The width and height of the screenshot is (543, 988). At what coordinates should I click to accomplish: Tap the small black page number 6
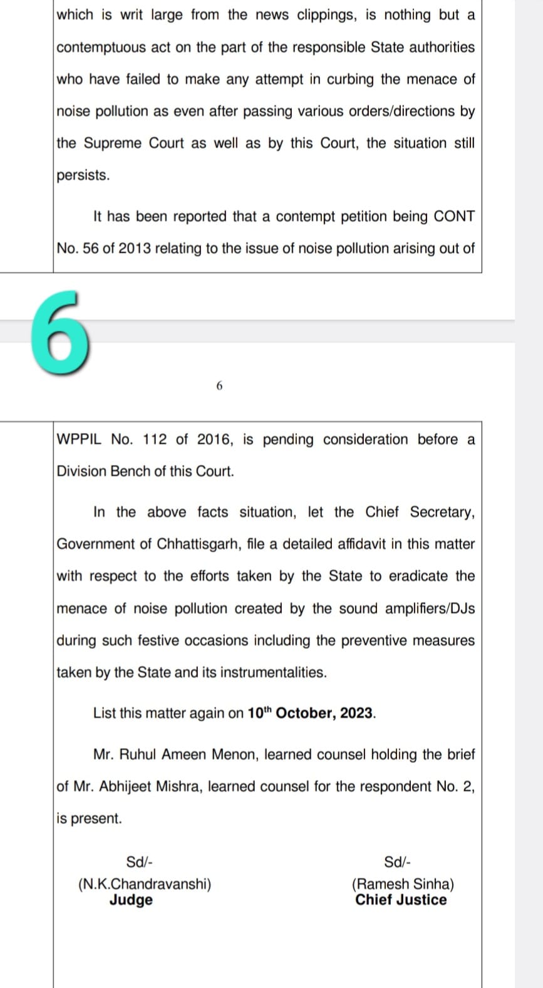tap(219, 386)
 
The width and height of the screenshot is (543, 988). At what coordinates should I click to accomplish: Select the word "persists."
tap(83, 175)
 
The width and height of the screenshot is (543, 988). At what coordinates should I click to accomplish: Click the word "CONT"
tap(453, 217)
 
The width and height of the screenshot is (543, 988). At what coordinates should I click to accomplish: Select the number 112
tap(155, 440)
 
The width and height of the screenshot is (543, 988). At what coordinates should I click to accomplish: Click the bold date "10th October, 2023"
tap(311, 713)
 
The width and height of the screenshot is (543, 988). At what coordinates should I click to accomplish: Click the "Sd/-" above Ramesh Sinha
tap(398, 862)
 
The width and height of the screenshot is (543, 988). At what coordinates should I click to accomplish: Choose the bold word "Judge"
tap(131, 900)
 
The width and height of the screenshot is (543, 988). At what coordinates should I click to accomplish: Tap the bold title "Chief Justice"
tap(401, 900)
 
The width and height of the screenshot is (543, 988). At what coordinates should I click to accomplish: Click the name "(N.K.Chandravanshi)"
tap(145, 884)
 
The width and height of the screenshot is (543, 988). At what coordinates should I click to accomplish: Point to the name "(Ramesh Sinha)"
tap(403, 884)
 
